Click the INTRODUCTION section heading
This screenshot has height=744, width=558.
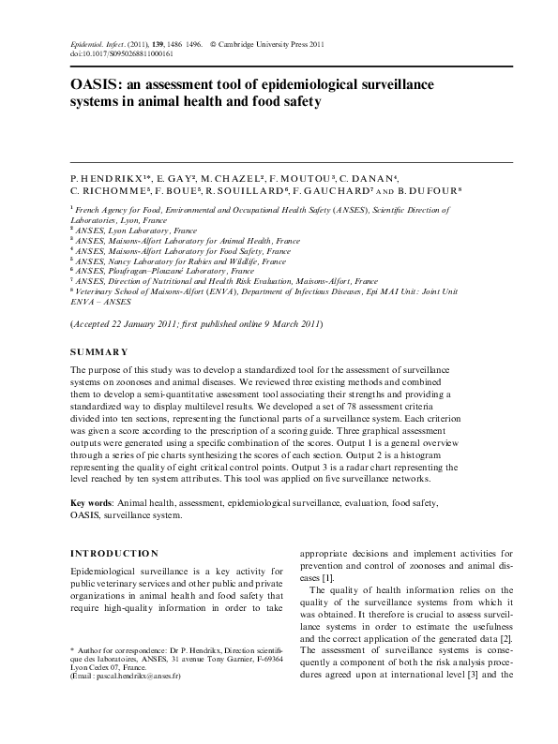[x=114, y=553]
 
